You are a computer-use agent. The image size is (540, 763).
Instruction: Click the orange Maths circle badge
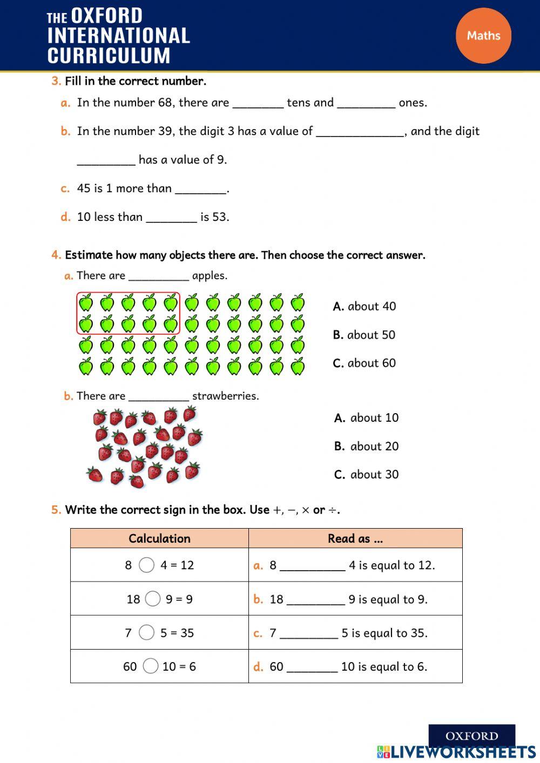click(483, 36)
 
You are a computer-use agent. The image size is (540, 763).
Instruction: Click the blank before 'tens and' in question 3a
click(258, 104)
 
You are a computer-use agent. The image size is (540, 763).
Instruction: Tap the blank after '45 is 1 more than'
click(200, 189)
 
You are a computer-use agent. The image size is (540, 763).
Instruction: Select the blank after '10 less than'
click(171, 218)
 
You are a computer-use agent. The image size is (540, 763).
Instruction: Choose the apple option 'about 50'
click(364, 335)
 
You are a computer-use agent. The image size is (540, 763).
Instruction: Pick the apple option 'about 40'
click(364, 306)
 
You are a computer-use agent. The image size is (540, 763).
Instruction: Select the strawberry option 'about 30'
click(367, 475)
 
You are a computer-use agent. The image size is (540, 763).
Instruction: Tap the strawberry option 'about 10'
click(367, 418)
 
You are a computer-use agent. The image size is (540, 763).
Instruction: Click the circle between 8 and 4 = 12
click(146, 565)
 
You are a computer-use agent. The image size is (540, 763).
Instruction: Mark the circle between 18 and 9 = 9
click(153, 599)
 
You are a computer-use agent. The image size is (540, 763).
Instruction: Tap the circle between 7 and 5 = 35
click(146, 632)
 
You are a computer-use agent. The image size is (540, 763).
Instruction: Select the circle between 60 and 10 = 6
click(151, 666)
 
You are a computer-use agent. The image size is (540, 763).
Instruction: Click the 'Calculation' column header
click(159, 538)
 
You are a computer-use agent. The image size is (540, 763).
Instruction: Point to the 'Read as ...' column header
click(355, 538)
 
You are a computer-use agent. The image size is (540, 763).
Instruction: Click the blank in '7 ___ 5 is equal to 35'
click(309, 634)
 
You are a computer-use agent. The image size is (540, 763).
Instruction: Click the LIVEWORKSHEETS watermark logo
click(456, 752)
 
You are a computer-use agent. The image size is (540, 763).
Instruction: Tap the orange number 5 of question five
click(56, 510)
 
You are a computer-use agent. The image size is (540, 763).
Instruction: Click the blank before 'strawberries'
click(158, 397)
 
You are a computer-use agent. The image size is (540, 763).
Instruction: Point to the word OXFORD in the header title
click(107, 16)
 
